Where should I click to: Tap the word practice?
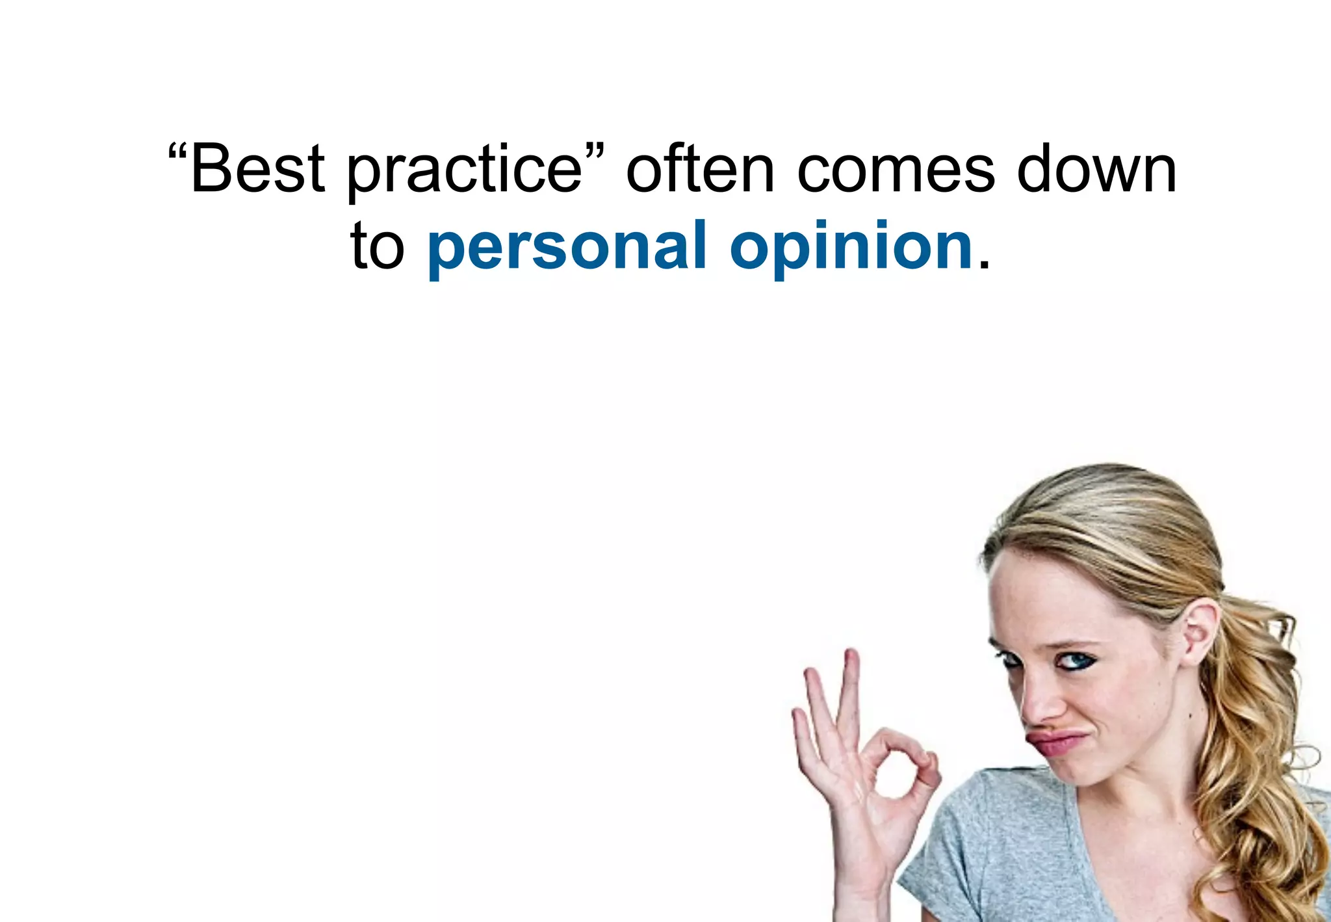click(464, 170)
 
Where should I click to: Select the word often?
click(700, 168)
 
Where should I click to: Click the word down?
click(1096, 168)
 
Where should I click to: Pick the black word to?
click(377, 246)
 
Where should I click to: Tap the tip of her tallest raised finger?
click(851, 654)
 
